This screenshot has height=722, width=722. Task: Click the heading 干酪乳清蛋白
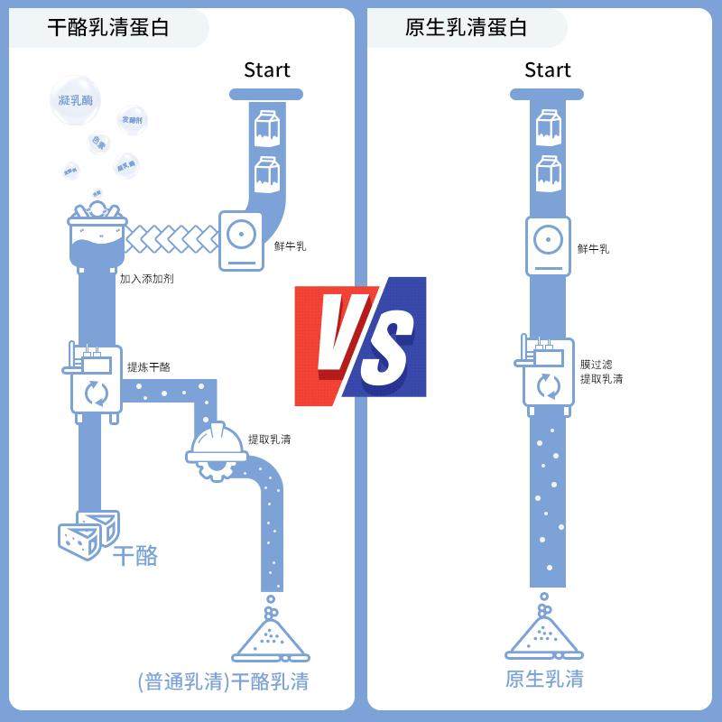click(x=108, y=27)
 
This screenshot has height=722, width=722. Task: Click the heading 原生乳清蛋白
click(x=466, y=27)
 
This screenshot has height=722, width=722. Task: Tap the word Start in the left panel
click(x=267, y=69)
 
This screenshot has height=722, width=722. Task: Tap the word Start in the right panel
click(x=548, y=69)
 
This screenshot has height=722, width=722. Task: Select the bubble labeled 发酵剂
click(x=132, y=120)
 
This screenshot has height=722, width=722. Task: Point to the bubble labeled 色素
click(x=98, y=143)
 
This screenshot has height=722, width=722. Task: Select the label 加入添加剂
click(x=147, y=279)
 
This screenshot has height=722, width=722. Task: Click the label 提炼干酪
click(x=149, y=367)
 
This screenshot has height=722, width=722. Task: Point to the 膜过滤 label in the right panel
click(x=597, y=365)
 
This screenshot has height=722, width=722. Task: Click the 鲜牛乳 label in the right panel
click(x=593, y=248)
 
